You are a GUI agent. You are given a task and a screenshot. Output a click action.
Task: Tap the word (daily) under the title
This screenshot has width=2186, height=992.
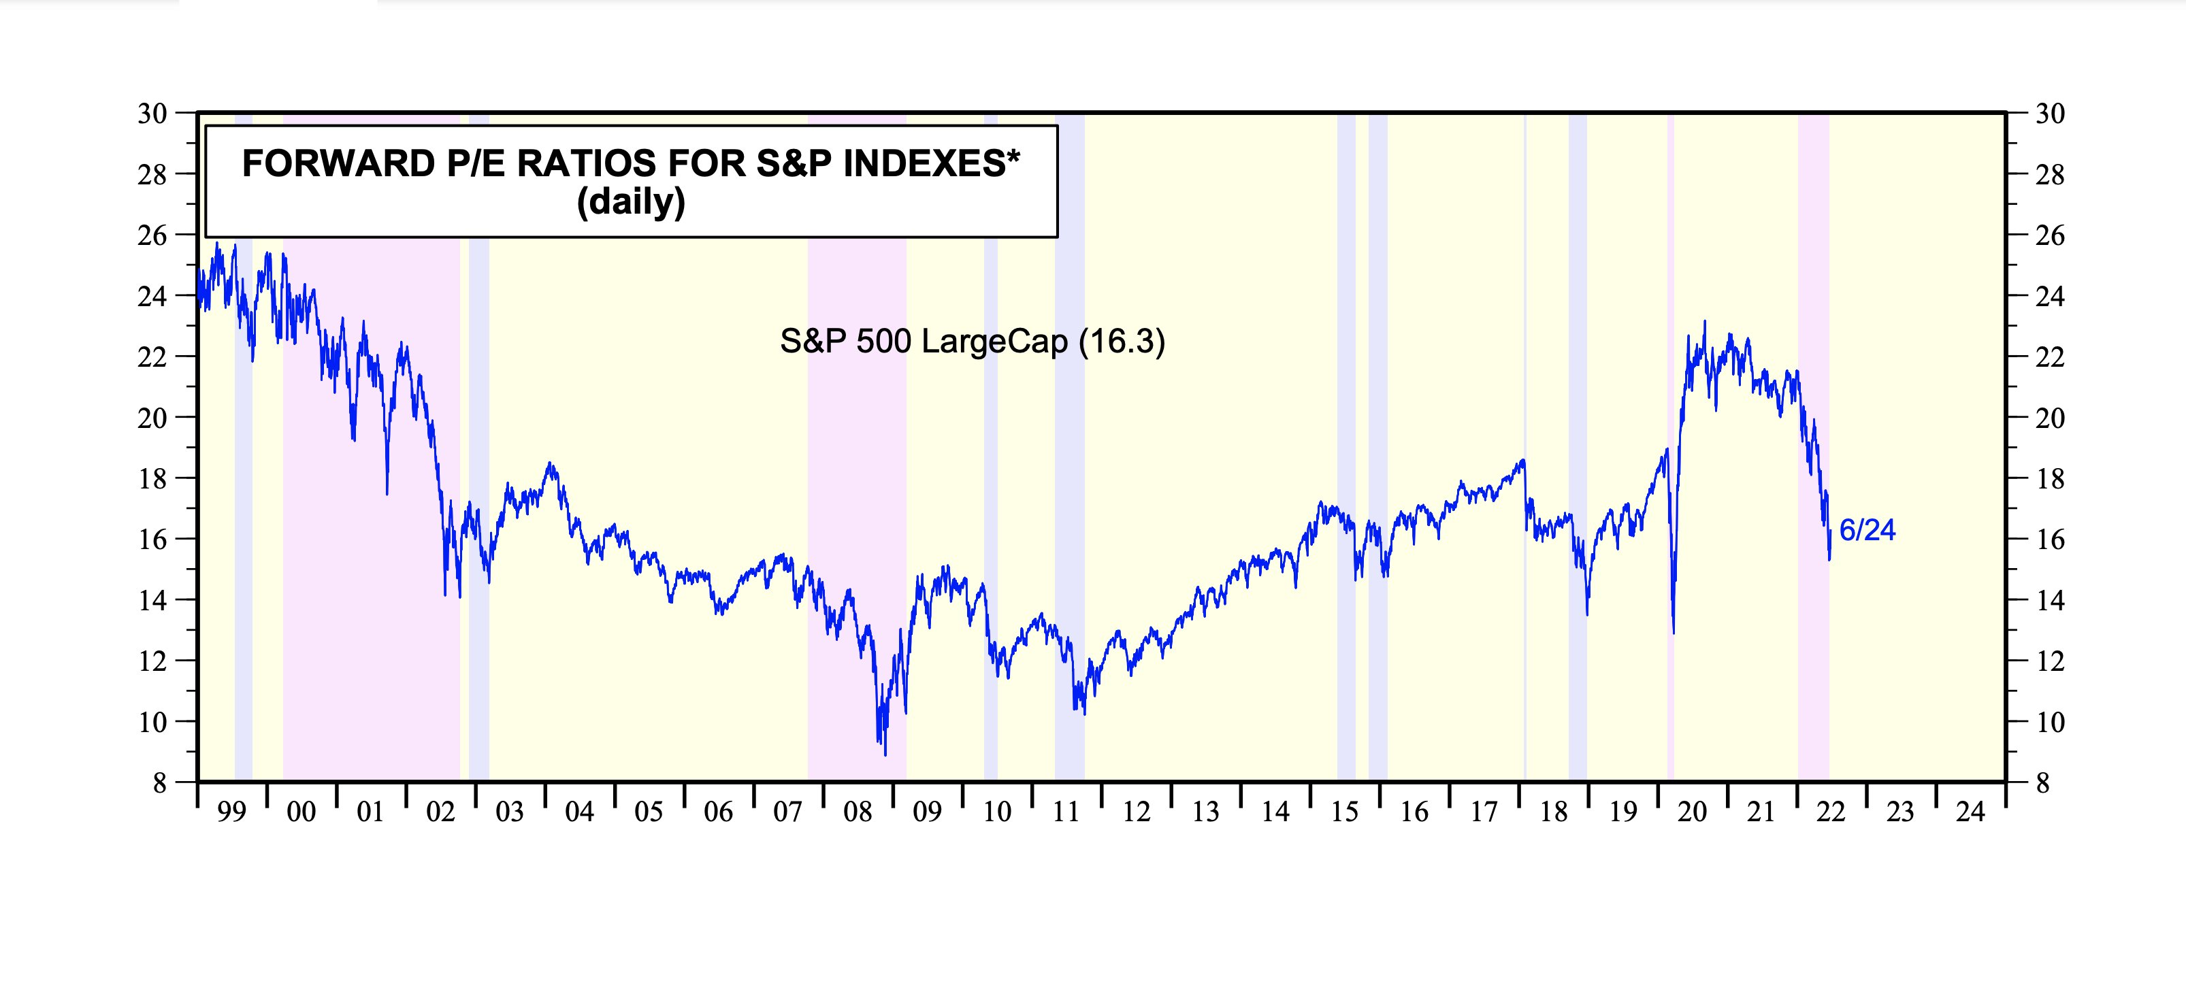(630, 202)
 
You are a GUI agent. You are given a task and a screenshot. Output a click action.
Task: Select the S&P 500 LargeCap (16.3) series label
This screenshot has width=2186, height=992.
(973, 341)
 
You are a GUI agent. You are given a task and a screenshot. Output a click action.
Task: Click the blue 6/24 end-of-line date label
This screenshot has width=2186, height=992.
(1867, 531)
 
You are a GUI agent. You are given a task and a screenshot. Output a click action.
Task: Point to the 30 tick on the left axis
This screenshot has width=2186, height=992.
(152, 113)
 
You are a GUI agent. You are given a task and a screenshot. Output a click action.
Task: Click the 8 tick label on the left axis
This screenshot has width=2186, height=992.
(159, 782)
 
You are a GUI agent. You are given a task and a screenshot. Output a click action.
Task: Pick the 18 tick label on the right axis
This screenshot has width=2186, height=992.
(2050, 478)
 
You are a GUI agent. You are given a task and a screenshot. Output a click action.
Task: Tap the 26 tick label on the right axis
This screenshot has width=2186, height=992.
(2050, 235)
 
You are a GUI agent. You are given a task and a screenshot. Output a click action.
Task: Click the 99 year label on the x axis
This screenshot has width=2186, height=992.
(231, 812)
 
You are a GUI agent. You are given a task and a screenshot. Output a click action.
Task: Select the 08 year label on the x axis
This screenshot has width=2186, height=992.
(857, 812)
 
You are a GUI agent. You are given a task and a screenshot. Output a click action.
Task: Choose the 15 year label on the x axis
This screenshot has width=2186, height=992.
(1344, 812)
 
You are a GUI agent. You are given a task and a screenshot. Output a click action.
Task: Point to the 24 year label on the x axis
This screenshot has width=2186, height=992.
(1970, 812)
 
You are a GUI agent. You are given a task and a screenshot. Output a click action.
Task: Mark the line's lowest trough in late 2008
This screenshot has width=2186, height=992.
(885, 755)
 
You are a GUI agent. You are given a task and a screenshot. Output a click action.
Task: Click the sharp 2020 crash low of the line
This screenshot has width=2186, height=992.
(1674, 632)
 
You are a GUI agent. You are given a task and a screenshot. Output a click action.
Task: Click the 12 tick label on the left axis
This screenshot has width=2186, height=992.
(152, 661)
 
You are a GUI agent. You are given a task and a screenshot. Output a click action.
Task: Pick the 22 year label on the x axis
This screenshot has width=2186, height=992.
(1831, 812)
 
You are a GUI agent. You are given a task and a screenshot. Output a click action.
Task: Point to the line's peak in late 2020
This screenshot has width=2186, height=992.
(1705, 322)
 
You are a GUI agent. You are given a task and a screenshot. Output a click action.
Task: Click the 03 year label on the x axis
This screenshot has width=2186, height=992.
(509, 812)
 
